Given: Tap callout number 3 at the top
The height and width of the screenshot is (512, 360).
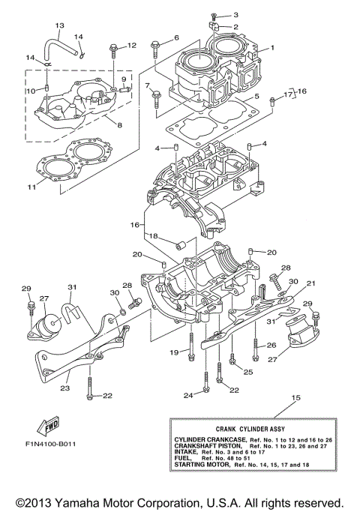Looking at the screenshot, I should (235, 15).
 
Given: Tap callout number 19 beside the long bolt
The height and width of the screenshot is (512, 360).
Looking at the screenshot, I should (173, 351).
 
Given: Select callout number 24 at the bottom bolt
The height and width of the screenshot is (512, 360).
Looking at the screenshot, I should (187, 394).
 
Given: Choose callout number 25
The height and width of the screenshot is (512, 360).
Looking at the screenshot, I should (247, 372).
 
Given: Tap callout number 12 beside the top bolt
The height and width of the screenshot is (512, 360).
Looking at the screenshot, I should (132, 46).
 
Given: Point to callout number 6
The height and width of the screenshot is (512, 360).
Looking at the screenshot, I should (176, 37).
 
